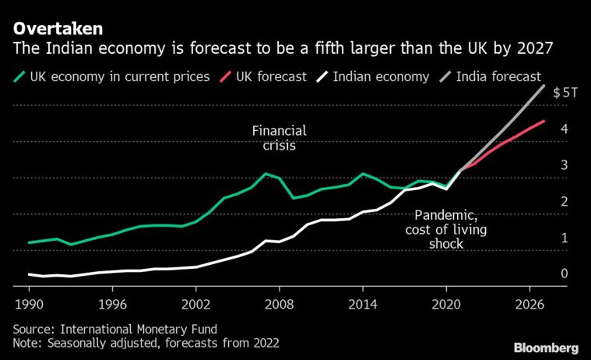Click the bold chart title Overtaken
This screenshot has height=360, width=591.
[x=58, y=29]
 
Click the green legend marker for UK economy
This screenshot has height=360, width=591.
[x=19, y=76]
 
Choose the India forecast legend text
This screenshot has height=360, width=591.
[x=498, y=76]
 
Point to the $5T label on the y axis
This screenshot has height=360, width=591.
[x=565, y=92]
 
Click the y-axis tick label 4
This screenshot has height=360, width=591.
[x=563, y=129]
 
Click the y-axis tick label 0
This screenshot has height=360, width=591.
[x=563, y=274]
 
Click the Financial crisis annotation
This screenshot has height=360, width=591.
[x=279, y=137]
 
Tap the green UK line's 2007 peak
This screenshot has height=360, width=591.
[x=266, y=174]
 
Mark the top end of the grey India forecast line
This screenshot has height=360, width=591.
[x=544, y=85]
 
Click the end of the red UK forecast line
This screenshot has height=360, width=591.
[x=544, y=121]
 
